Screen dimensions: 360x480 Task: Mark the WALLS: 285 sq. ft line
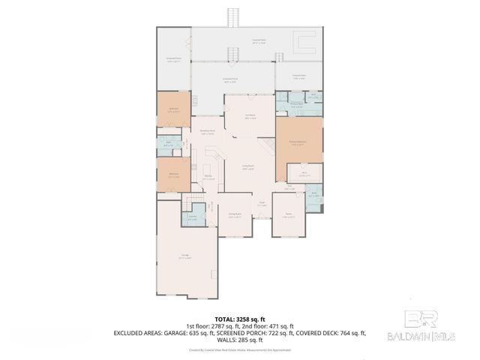(239, 339)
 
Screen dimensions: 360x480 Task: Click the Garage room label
(184, 256)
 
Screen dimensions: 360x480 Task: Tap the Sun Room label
(250, 116)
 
